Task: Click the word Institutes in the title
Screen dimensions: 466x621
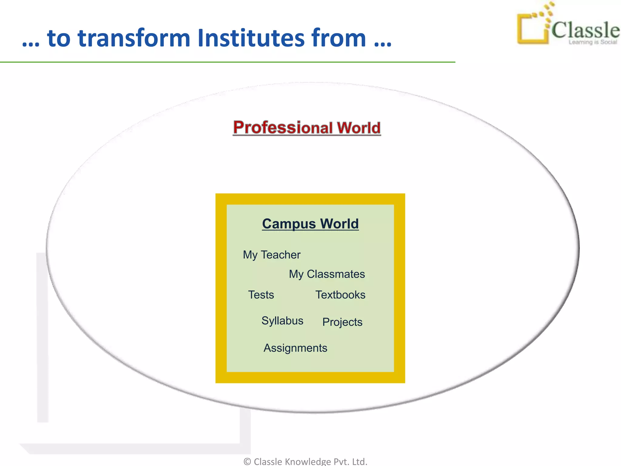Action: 251,38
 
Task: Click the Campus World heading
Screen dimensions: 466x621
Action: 310,224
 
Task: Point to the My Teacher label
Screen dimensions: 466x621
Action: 271,255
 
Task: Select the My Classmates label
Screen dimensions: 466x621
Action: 327,274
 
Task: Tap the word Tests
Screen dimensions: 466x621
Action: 261,295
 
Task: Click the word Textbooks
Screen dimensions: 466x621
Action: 340,295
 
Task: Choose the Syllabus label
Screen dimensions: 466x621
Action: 282,321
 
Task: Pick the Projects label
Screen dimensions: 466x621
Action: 342,322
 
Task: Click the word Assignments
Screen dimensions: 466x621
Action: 295,348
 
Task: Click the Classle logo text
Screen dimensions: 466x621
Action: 585,30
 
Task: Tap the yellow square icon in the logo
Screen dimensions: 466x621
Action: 532,29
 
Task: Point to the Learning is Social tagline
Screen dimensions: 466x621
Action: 592,42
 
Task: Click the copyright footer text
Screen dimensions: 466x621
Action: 305,461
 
